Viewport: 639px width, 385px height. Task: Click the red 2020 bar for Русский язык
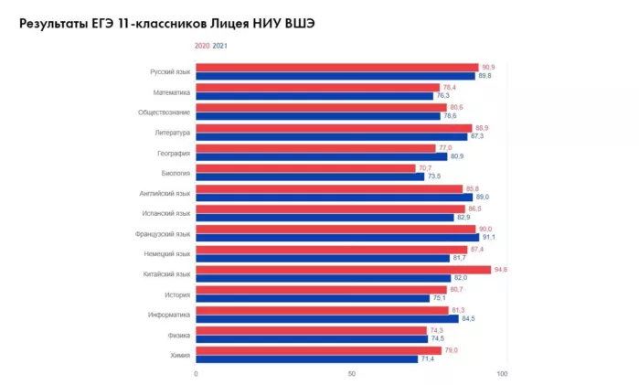[x=336, y=67]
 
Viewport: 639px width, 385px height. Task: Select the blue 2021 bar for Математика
[x=314, y=96]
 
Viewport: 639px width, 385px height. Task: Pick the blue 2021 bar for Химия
[x=306, y=358]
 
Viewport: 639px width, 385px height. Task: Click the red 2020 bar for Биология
[x=305, y=167]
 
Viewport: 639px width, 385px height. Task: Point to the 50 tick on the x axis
[x=351, y=373]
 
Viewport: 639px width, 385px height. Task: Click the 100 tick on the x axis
[x=502, y=373]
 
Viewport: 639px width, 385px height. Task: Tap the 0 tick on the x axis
[x=196, y=373]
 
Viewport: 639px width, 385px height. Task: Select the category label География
[x=173, y=153]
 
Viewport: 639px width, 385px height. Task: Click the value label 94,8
[x=500, y=270]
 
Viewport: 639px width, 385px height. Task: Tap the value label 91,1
[x=488, y=238]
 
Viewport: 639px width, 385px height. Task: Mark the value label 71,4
[x=427, y=358]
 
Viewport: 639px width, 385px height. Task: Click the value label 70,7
[x=424, y=167]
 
